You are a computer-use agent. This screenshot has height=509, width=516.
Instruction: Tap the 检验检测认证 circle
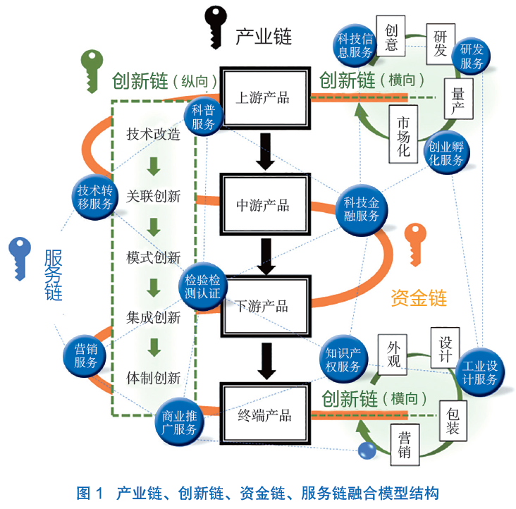(x=203, y=286)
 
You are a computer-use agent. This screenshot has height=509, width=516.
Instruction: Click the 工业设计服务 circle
(x=479, y=372)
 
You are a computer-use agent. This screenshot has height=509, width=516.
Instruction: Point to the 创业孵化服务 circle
(x=446, y=153)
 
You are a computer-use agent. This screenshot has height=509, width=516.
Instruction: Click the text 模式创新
(x=153, y=257)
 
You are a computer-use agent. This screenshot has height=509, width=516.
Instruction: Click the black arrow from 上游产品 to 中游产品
(x=265, y=151)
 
